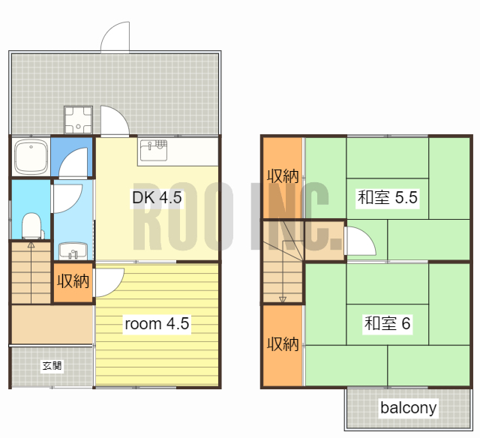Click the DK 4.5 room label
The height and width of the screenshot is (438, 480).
[x=157, y=198]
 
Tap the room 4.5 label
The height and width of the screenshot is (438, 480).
[x=157, y=323]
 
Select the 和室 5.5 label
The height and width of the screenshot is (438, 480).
[x=387, y=197]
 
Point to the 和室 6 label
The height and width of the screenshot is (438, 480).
[x=387, y=323]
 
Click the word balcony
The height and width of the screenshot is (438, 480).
[x=408, y=408]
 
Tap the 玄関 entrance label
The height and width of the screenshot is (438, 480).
[x=52, y=365]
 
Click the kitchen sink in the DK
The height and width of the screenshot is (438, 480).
[x=154, y=150]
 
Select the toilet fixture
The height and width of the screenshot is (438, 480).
[x=31, y=226]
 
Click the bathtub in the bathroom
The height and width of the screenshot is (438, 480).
[x=31, y=156]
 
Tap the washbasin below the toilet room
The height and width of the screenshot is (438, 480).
[x=73, y=250]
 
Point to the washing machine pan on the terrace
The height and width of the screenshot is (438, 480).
[x=78, y=120]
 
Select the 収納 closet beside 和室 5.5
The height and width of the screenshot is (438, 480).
[x=283, y=178]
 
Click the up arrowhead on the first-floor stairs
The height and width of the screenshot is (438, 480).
[x=31, y=244]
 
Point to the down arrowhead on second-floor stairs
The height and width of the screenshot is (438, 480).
[x=283, y=299]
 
